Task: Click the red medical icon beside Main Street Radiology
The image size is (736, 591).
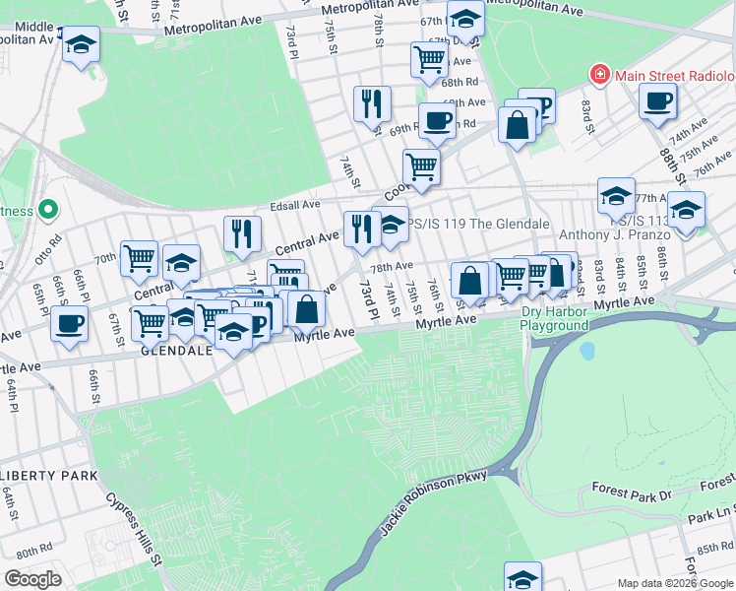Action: (598, 75)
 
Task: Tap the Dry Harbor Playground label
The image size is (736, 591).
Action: (555, 318)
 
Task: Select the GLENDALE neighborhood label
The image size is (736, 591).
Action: (178, 350)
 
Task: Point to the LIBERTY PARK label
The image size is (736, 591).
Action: (49, 476)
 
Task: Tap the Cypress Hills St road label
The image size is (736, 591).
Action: (135, 528)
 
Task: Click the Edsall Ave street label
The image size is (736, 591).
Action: (296, 205)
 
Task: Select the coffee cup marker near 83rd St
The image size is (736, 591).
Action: (657, 99)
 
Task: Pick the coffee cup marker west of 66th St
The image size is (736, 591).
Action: (69, 323)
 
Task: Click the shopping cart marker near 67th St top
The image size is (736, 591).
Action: (430, 58)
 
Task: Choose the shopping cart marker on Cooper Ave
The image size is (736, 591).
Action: (421, 166)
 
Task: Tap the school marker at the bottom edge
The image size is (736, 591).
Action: (523, 576)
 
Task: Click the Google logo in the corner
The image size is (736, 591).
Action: (32, 578)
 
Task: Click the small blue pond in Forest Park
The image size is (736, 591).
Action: (588, 351)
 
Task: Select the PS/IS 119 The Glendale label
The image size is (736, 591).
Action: (479, 224)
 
